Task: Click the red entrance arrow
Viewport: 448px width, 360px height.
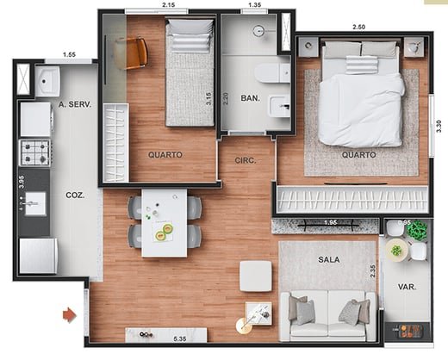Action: coord(70,315)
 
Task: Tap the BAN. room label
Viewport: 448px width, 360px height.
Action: coord(251,98)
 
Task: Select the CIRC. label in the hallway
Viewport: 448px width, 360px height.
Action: coord(246,160)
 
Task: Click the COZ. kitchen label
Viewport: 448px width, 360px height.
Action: coord(75,196)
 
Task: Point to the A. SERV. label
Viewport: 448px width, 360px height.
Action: coord(75,104)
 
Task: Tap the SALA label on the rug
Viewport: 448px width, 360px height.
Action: coord(329,259)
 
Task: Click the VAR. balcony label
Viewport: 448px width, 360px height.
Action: coord(408,286)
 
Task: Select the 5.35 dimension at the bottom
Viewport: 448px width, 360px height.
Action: coord(180,339)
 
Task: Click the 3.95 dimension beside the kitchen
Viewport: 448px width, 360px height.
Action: coord(22,182)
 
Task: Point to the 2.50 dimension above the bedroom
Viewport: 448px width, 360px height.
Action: coord(358,27)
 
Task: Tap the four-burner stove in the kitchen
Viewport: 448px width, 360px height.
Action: coord(34,152)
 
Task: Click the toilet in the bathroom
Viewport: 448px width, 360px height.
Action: coord(273,73)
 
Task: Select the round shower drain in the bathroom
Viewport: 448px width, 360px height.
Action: coord(259,30)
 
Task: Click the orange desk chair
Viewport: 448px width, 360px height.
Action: coord(132,53)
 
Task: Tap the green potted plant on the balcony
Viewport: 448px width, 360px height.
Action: coord(417,230)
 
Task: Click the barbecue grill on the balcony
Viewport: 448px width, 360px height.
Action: coord(408,331)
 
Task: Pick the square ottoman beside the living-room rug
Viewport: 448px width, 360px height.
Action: coord(256,276)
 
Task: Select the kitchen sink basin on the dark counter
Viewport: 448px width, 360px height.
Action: coord(35,203)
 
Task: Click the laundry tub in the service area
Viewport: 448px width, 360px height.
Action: coord(47,81)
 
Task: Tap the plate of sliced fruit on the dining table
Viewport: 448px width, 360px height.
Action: coord(163,232)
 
